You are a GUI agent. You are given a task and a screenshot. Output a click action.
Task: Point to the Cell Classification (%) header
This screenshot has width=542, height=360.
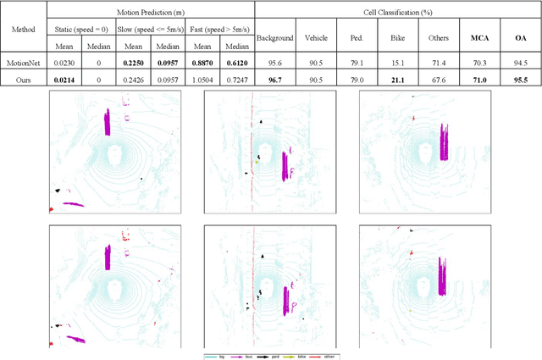click(x=397, y=8)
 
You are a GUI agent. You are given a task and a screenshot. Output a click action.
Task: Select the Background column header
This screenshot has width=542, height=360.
click(x=274, y=38)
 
